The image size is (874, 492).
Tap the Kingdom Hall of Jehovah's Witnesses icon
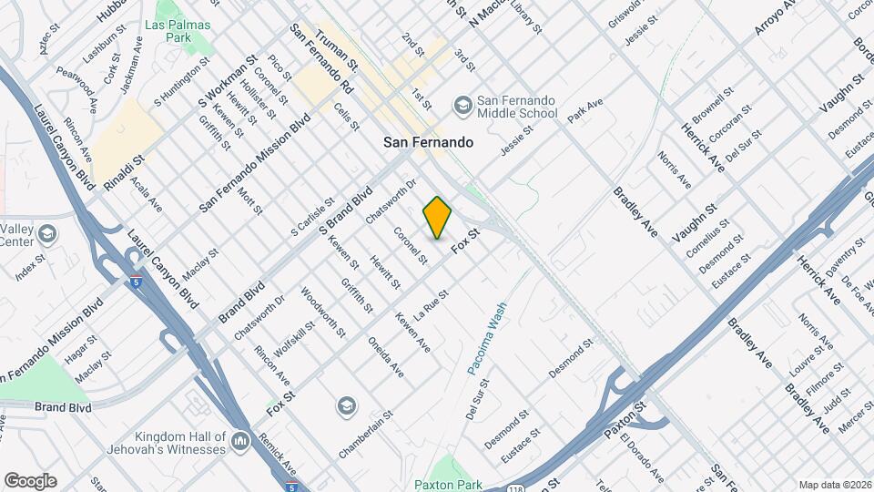click(x=241, y=443)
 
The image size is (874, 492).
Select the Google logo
click(x=30, y=481)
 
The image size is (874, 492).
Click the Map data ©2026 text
click(x=835, y=485)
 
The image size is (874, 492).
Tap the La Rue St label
click(x=432, y=304)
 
